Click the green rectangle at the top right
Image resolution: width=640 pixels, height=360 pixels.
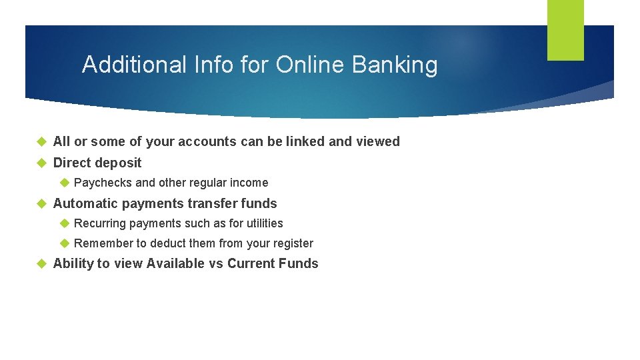[x=565, y=29]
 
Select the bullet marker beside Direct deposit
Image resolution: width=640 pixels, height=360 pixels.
[x=41, y=163]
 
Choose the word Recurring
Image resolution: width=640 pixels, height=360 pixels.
[x=100, y=223]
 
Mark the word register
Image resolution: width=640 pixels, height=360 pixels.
[x=291, y=244]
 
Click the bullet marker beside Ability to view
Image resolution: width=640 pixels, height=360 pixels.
[x=41, y=263]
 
